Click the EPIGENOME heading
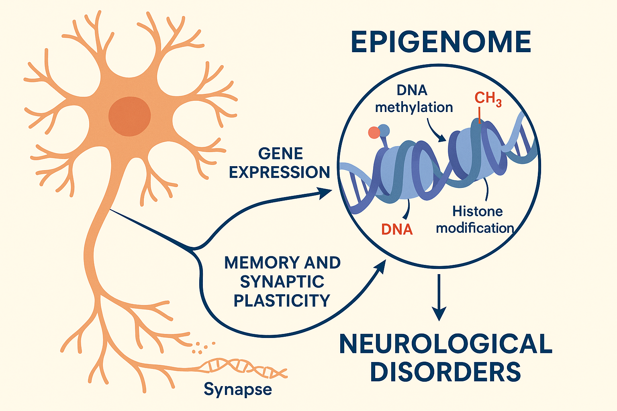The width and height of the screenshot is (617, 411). (441, 42)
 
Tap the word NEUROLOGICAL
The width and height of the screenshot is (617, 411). (445, 344)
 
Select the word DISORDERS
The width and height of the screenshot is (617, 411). (445, 372)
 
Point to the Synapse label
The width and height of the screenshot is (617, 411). (237, 389)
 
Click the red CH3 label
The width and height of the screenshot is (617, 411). (488, 98)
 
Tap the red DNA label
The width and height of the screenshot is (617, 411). (397, 229)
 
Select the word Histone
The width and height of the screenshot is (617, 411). (478, 211)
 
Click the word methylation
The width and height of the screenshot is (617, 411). (414, 107)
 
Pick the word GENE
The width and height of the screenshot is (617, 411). (280, 154)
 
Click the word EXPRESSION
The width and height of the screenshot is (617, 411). (280, 172)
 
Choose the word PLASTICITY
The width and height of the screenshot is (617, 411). (282, 300)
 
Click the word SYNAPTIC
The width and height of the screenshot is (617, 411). (282, 282)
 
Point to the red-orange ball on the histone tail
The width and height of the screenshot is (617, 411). (374, 132)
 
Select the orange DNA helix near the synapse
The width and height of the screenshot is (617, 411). (245, 367)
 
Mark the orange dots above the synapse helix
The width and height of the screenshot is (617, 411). (203, 347)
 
